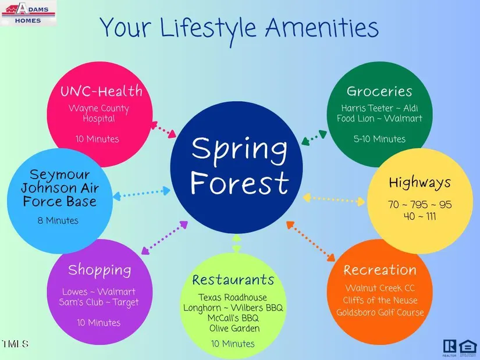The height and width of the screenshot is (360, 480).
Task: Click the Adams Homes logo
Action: point(29,13)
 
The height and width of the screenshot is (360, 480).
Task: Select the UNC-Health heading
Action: point(101,91)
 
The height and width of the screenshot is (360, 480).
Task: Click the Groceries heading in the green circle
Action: point(379,91)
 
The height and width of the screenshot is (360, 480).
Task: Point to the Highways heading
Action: point(419,183)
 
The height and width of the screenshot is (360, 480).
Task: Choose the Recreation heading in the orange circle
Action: point(379,270)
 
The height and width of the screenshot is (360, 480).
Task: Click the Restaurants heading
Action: point(233,280)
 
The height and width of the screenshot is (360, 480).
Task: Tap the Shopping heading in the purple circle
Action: point(99,270)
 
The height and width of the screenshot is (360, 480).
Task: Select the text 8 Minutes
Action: point(58,220)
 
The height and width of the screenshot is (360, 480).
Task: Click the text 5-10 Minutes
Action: point(379,139)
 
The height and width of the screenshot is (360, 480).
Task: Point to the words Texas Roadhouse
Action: point(233,297)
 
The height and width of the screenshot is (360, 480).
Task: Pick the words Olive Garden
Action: point(234,328)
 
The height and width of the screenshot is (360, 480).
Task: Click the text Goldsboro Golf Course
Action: point(380,312)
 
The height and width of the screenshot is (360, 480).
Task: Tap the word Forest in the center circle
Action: point(239,183)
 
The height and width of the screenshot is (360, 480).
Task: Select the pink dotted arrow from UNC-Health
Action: point(163,130)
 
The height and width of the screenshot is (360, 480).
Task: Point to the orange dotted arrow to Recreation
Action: point(311,241)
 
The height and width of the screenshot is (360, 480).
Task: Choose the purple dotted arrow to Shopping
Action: point(165,238)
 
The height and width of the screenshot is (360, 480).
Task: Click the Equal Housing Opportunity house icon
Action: point(468,347)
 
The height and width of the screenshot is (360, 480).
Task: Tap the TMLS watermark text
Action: point(15,344)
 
